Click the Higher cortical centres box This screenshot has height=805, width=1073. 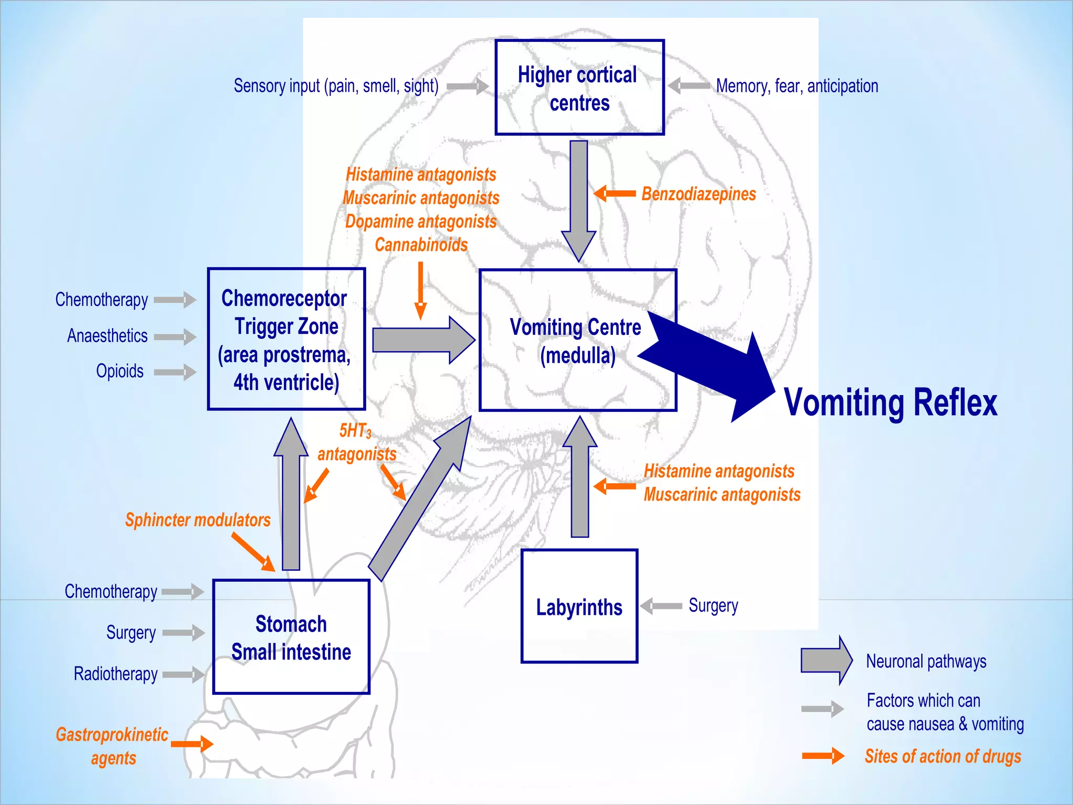click(579, 88)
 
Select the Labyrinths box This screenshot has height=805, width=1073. click(579, 606)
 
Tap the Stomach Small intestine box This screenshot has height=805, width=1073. click(291, 637)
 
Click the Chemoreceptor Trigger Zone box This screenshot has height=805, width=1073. click(286, 339)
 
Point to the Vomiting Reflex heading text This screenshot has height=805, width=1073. click(890, 402)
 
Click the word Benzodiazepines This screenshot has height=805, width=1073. click(698, 194)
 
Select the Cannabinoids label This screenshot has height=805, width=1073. click(421, 245)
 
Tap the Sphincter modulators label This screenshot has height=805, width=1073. click(198, 520)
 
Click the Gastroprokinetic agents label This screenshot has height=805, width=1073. click(112, 746)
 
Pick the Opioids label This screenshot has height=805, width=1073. click(119, 371)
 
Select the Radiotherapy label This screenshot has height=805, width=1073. click(115, 673)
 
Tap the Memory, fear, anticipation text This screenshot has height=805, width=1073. click(797, 86)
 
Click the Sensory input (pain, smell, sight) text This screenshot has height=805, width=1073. click(336, 86)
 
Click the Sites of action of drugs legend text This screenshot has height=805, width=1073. click(943, 756)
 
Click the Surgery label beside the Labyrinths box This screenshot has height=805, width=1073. click(713, 605)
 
